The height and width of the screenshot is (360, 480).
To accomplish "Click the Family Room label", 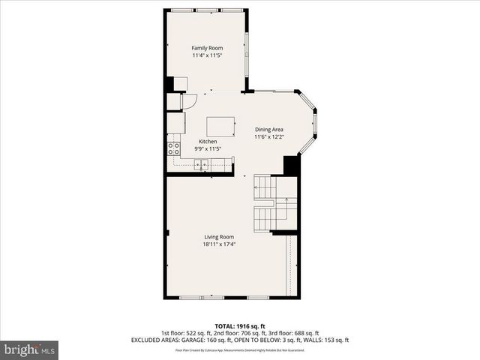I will (207, 48).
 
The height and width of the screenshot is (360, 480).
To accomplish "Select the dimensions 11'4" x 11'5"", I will (207, 56).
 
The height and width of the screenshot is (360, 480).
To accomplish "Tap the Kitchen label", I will (208, 142).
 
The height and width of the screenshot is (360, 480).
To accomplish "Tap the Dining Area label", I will (269, 129).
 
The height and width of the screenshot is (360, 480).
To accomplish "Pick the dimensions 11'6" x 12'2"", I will (269, 137).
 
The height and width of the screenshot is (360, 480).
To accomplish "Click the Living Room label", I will (219, 237).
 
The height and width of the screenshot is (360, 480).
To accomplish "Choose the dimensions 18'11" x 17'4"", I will (219, 244).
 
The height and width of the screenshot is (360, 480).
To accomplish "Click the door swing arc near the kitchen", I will (190, 100).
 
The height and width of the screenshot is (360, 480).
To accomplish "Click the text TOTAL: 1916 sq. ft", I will (240, 326).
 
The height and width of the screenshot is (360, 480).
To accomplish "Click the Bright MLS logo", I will (29, 349).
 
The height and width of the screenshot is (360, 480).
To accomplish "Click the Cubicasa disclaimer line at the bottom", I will (240, 350).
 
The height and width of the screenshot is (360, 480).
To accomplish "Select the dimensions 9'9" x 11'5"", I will (208, 149).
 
